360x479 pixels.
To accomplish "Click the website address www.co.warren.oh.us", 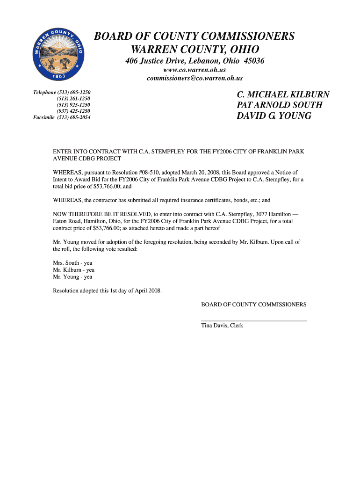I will coord(194,70).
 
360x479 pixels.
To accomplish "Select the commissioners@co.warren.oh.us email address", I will coord(194,78).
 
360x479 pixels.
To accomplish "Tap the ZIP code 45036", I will coord(253,61).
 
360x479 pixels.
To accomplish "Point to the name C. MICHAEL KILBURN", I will coord(283,95).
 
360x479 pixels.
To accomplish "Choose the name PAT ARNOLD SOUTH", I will coord(280,105).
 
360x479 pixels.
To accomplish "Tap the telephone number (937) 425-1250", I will coord(74,111).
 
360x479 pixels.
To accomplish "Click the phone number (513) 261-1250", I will coord(74,99).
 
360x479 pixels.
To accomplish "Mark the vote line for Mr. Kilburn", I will coord(74,270).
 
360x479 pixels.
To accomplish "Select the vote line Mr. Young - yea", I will coord(72,277).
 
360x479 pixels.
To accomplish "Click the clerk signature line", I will coord(254,320).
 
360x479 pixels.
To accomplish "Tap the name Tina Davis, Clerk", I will coord(222,326).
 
